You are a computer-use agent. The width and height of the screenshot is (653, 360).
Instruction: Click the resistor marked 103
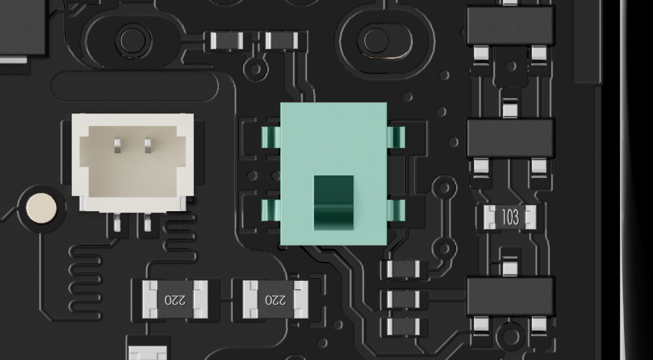(x=510, y=217)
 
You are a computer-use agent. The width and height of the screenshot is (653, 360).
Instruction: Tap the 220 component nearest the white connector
(x=175, y=299)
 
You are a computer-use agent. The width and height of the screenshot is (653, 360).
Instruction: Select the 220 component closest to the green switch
(x=275, y=299)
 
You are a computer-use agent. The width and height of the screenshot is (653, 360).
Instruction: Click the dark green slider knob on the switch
(x=333, y=203)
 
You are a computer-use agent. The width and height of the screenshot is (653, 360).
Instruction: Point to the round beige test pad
(x=41, y=208)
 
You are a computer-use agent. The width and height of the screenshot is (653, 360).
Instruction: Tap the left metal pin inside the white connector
(x=118, y=146)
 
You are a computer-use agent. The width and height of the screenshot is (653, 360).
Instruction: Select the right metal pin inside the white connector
(x=148, y=146)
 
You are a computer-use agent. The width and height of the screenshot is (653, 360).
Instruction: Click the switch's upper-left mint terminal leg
(x=271, y=137)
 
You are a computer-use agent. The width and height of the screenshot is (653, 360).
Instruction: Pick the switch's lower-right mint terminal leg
(x=396, y=210)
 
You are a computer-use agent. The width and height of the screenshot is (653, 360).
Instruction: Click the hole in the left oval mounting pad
(x=133, y=41)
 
